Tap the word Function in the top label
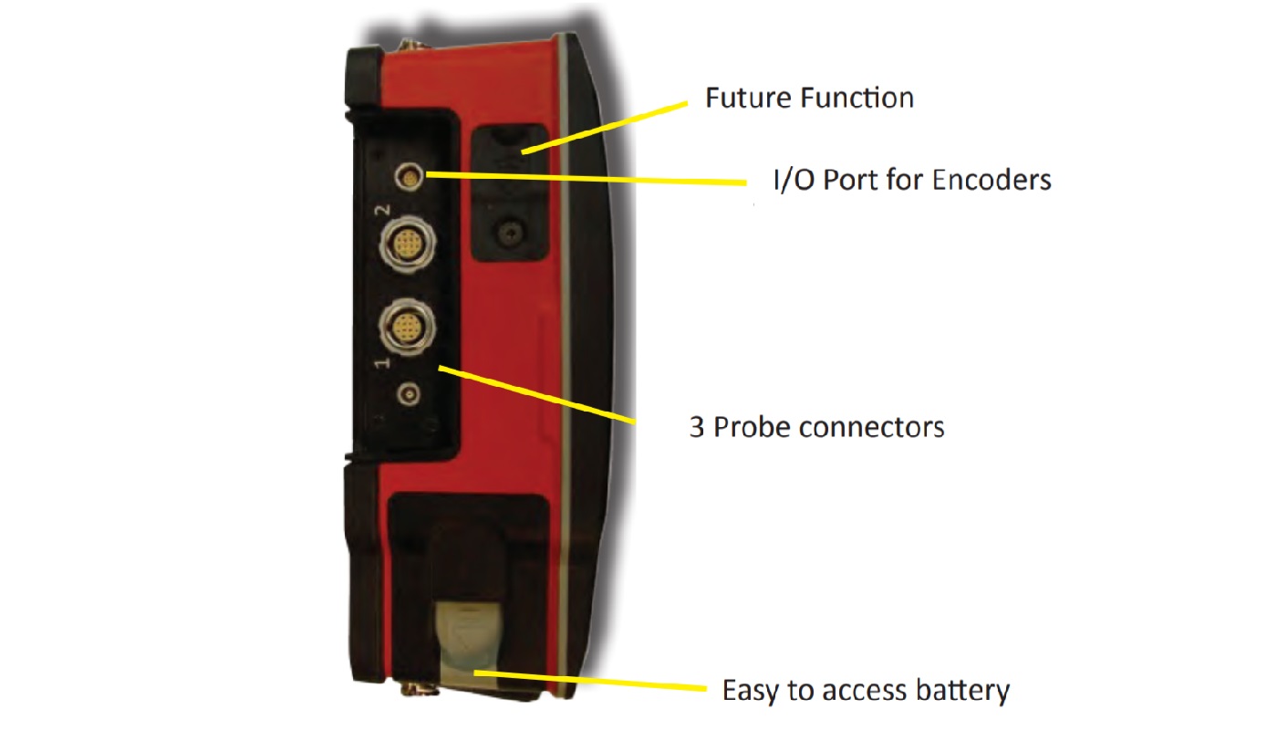coord(857,98)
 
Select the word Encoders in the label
coord(992,180)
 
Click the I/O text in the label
coord(794,181)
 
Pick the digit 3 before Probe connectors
coord(697,428)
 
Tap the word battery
coord(963,691)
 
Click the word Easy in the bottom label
coord(750,692)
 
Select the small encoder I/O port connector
coord(410,177)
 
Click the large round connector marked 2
coord(407,245)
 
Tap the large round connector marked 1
coord(407,327)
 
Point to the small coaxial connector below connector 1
coord(409,393)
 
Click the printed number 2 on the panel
coord(383,210)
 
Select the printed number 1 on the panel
coord(382,362)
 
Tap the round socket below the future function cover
coord(509,234)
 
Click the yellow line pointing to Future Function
coord(605,128)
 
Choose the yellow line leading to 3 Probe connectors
coord(537,395)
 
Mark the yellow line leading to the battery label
coord(590,681)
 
